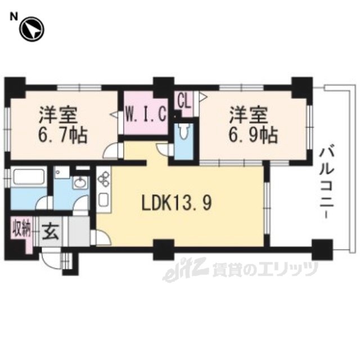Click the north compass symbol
31,29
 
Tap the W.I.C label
146,114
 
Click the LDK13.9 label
176,203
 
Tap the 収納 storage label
22,228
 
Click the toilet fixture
184,131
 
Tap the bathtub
29,177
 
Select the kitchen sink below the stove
103,200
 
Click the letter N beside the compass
13,16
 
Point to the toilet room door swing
164,149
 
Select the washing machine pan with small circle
61,173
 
